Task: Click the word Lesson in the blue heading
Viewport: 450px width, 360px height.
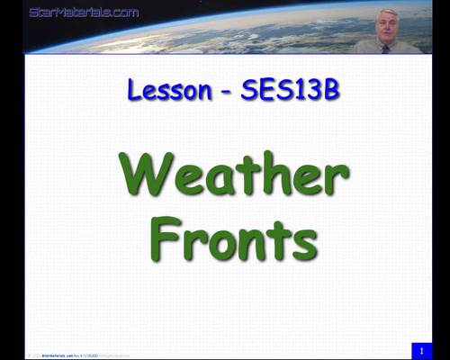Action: [x=164, y=90]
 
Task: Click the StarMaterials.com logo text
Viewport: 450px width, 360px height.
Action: [x=84, y=12]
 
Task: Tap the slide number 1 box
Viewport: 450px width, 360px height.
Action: [x=419, y=349]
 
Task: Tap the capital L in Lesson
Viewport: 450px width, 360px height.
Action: [x=135, y=90]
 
